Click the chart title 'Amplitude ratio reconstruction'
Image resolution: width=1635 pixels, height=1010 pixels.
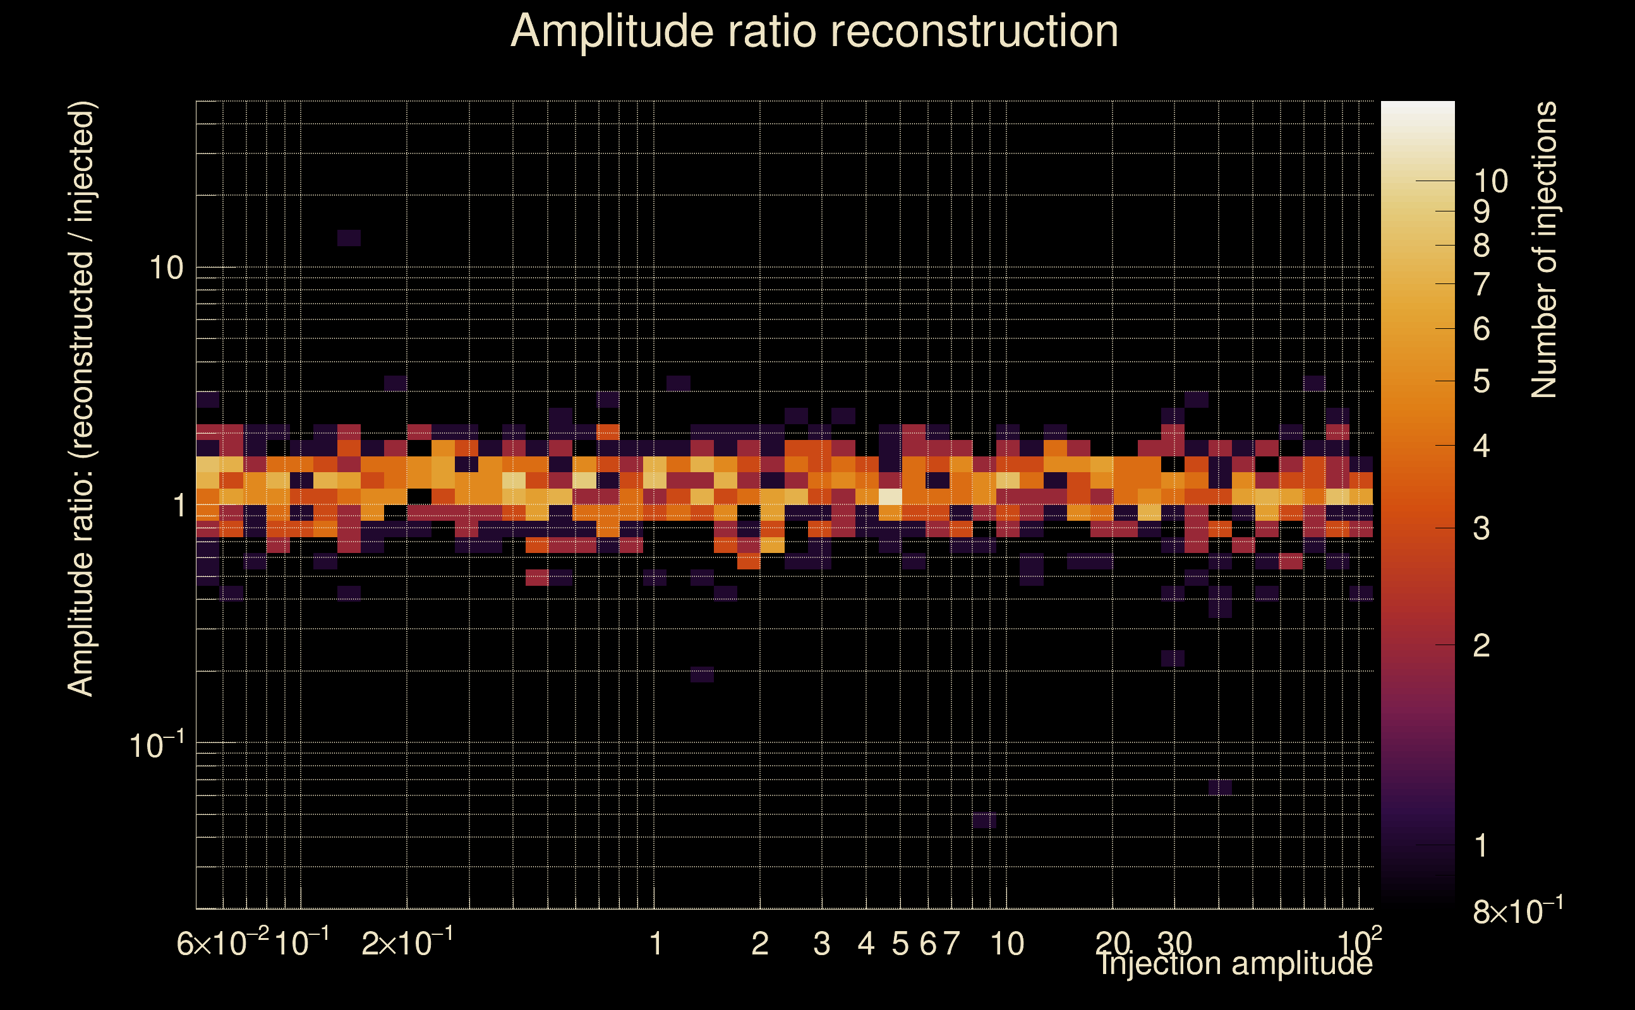click(814, 32)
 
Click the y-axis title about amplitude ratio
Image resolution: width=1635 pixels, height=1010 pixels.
click(81, 399)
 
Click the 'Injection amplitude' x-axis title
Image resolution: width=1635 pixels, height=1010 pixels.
click(1236, 963)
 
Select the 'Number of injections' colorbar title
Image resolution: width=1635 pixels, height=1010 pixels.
click(1543, 250)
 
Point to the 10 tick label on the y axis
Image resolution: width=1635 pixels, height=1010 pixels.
click(165, 268)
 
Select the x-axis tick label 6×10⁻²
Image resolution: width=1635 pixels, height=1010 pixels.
click(222, 943)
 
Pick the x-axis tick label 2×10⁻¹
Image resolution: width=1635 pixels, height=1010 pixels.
click(407, 943)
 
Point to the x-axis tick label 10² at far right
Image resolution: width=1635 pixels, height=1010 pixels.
click(1360, 942)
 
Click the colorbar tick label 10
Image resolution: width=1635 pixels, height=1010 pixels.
click(1490, 181)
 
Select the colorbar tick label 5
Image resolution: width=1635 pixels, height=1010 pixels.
click(1481, 381)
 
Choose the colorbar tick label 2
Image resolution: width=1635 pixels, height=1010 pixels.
click(1481, 645)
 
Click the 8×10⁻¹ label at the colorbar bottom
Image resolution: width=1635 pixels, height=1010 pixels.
click(1517, 911)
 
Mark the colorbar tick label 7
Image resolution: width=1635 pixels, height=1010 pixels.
click(1481, 285)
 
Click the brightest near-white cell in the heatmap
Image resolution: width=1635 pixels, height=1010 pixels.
click(890, 497)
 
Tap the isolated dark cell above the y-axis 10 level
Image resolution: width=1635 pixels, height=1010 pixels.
click(349, 238)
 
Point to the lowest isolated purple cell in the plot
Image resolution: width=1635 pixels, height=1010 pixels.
click(984, 820)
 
